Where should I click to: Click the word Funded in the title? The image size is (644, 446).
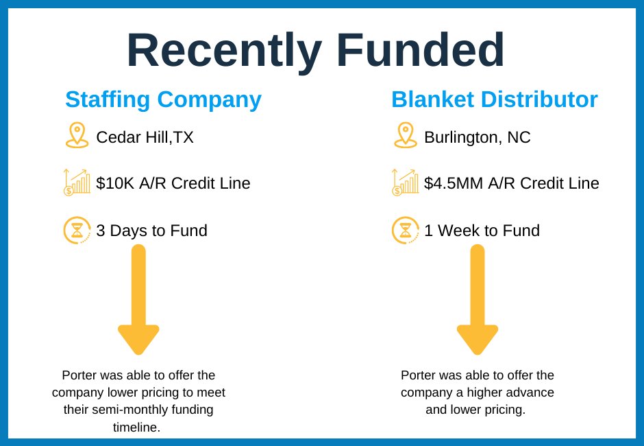coord(420,51)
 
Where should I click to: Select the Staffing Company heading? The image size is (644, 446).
coord(163,99)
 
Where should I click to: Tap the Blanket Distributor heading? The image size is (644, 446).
coord(494,99)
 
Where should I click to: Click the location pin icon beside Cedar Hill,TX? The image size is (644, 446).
coord(77,135)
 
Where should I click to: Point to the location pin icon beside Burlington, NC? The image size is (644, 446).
coord(406,135)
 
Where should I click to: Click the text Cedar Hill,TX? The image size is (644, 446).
coord(145,137)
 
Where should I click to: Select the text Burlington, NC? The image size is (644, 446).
coord(477,137)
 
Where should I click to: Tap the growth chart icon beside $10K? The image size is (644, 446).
coord(77,183)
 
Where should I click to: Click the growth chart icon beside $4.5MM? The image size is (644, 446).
coord(405,183)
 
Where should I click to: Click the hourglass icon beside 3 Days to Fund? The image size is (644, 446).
coord(77,230)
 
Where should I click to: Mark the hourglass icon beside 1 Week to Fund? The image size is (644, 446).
coord(406,230)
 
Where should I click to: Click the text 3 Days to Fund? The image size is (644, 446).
coord(151,231)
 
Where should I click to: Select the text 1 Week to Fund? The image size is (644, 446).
coord(482,231)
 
